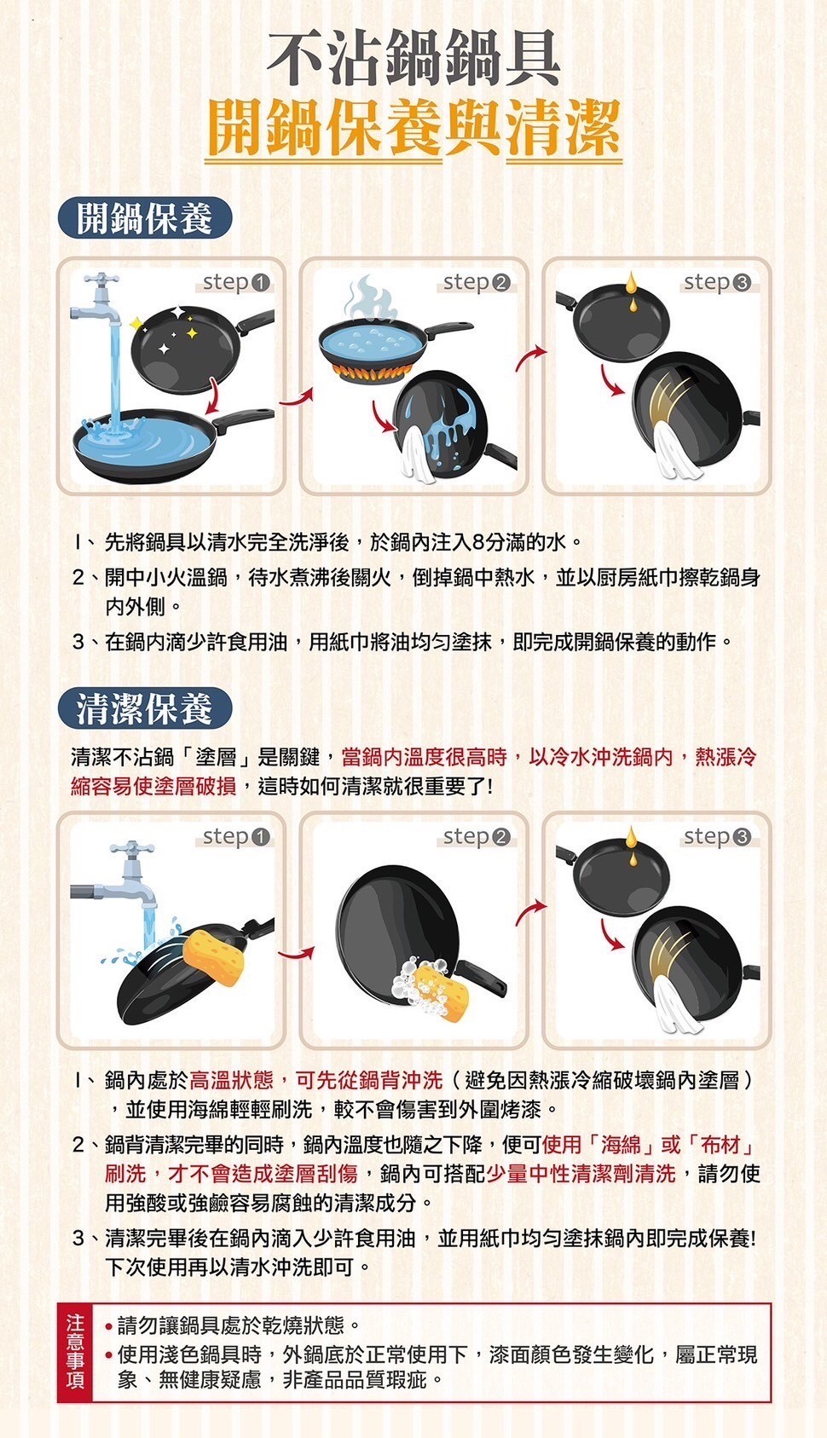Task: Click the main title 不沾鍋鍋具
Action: (x=413, y=58)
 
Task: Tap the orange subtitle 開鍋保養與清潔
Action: (x=413, y=128)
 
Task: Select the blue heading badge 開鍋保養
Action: (x=145, y=219)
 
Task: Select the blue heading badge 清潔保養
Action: (x=145, y=708)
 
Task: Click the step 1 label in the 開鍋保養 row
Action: (x=236, y=282)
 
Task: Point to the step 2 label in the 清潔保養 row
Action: (x=477, y=837)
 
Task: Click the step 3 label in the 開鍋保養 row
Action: (x=717, y=282)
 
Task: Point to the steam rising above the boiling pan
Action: (x=372, y=300)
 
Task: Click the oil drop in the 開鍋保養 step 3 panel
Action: (x=631, y=285)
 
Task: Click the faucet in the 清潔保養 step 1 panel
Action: (x=128, y=878)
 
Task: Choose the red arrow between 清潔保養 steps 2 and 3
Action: (x=531, y=911)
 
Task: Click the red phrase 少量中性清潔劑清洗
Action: (x=581, y=1174)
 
